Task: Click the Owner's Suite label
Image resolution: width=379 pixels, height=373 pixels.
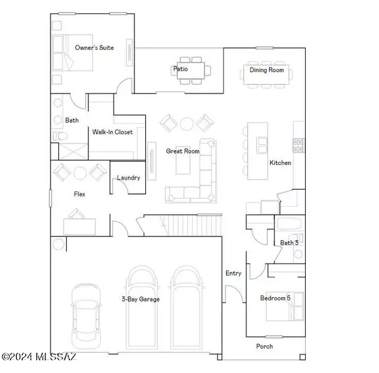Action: pos(94,47)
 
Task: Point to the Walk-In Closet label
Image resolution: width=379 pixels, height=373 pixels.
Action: pos(112,132)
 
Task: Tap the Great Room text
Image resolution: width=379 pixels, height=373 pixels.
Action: pos(183,151)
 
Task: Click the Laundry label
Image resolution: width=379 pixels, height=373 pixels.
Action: pos(128,178)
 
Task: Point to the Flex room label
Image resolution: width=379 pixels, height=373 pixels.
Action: pos(80,195)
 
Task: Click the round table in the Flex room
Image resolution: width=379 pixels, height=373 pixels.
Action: pos(80,173)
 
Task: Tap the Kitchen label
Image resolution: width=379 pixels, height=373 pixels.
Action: pos(280,162)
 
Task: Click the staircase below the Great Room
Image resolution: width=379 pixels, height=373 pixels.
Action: pos(189,225)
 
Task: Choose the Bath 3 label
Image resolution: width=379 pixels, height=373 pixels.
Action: pos(289,243)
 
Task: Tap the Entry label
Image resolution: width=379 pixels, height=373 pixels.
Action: pos(233,273)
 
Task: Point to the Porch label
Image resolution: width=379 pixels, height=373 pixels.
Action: pos(264,346)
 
